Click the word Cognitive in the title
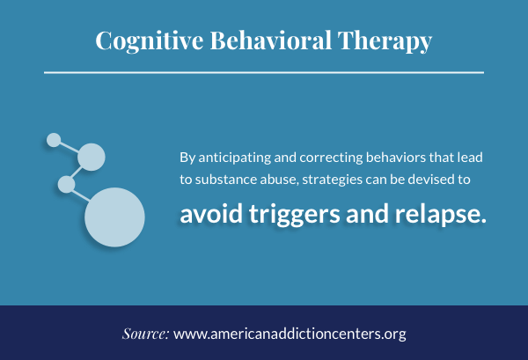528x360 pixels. [x=150, y=40]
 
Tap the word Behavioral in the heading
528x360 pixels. [x=271, y=40]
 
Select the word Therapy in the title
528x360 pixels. [x=385, y=41]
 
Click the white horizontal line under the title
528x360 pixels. [x=264, y=72]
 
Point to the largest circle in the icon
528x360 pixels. [x=114, y=217]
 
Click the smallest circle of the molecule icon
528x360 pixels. [x=54, y=140]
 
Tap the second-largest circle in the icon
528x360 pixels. [x=92, y=157]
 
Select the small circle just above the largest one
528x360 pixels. [x=66, y=184]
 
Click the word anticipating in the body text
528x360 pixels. [x=235, y=158]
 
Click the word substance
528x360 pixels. [x=226, y=180]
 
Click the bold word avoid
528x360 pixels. [x=211, y=214]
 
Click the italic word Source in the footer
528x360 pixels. [x=145, y=334]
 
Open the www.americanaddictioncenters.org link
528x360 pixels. [x=290, y=334]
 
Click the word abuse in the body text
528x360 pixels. [x=280, y=180]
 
